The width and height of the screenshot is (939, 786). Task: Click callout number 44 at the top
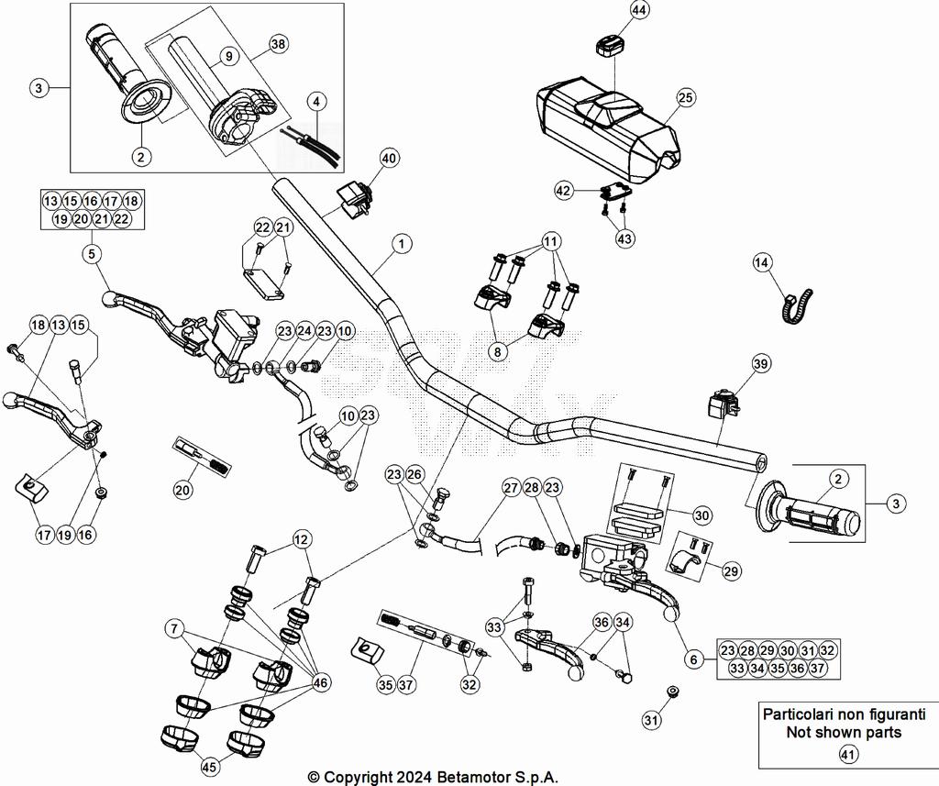pos(639,10)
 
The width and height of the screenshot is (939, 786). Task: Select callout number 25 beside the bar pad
pos(685,97)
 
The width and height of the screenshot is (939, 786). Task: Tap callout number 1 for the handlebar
pos(401,244)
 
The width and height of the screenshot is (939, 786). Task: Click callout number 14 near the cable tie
pos(763,262)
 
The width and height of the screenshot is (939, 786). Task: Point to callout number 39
pos(759,364)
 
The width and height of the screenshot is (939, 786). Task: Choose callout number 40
pos(389,159)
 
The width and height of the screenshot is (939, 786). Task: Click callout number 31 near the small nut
pos(651,721)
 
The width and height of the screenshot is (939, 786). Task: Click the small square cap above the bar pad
pos(610,43)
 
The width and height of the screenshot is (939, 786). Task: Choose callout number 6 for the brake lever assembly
pos(694,658)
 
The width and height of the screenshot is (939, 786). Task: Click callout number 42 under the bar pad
pos(563,190)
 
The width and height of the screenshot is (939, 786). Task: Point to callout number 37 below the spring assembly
pos(407,683)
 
